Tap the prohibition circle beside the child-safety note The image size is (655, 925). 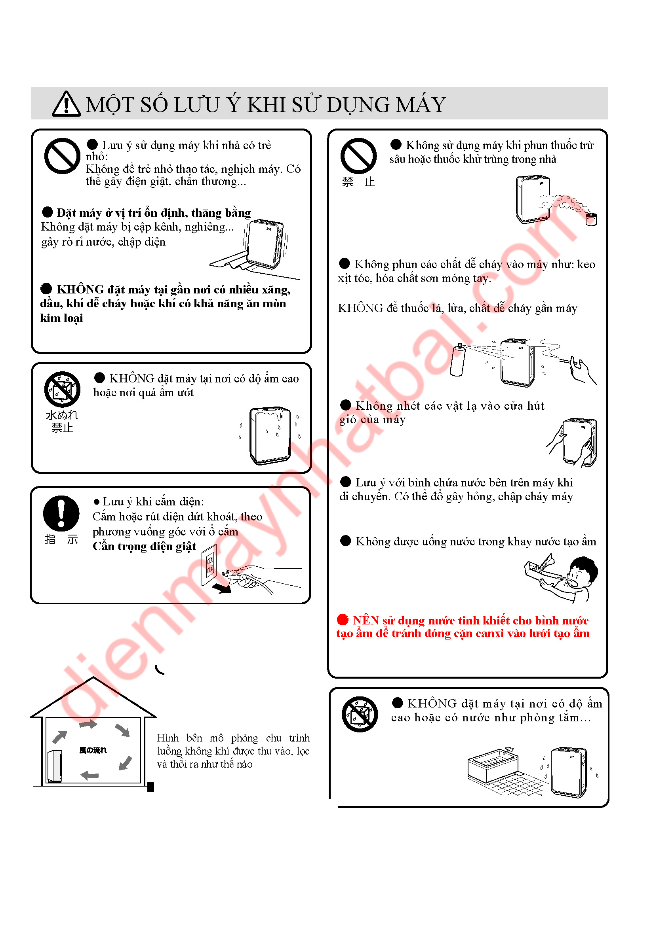62,156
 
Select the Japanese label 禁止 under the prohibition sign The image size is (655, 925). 358,182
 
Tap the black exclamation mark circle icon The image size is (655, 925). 61,513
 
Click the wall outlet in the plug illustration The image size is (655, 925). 210,565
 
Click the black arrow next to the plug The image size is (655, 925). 222,588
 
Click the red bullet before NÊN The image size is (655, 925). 343,620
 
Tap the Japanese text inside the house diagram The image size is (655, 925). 93,750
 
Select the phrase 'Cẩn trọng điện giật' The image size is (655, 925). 145,546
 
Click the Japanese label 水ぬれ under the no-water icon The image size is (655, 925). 62,415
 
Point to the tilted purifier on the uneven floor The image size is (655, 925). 265,244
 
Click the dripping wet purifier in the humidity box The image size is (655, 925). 270,435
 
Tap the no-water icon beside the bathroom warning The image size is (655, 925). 360,714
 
